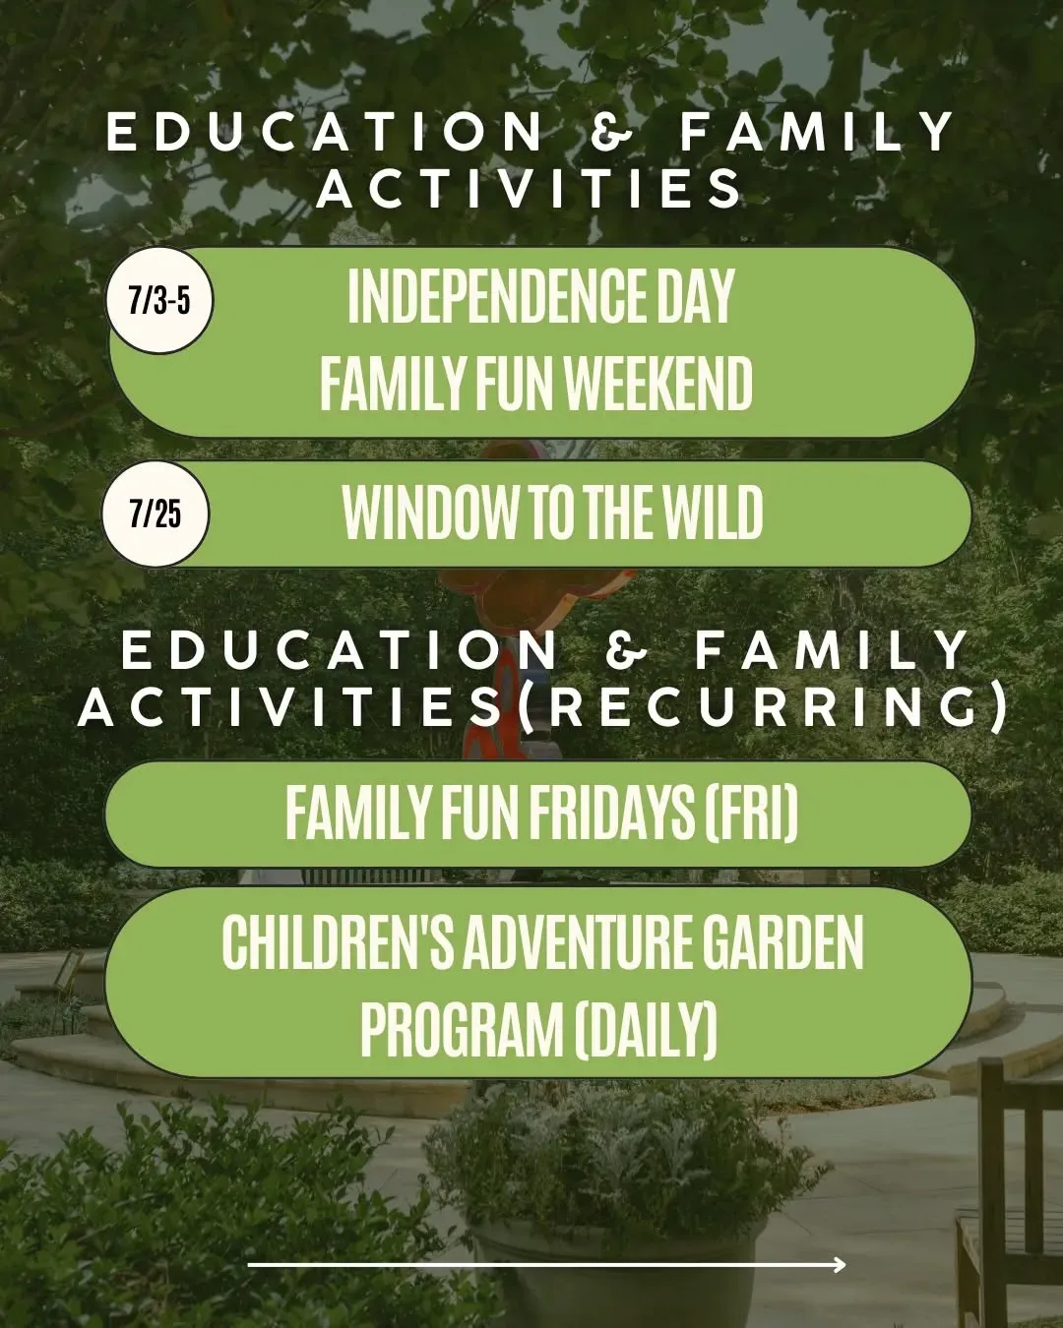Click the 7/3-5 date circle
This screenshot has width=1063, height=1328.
coord(159,301)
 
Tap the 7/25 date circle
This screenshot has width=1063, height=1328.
coord(156,513)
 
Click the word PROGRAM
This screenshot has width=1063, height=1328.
coord(463,1029)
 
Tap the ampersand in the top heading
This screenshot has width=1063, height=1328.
coord(611,132)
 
